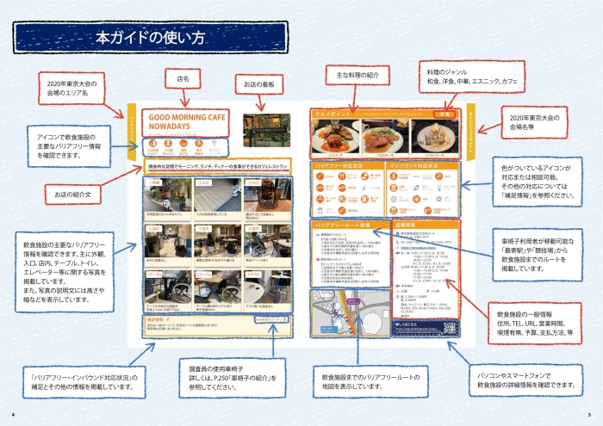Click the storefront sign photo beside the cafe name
pos(262,125)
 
